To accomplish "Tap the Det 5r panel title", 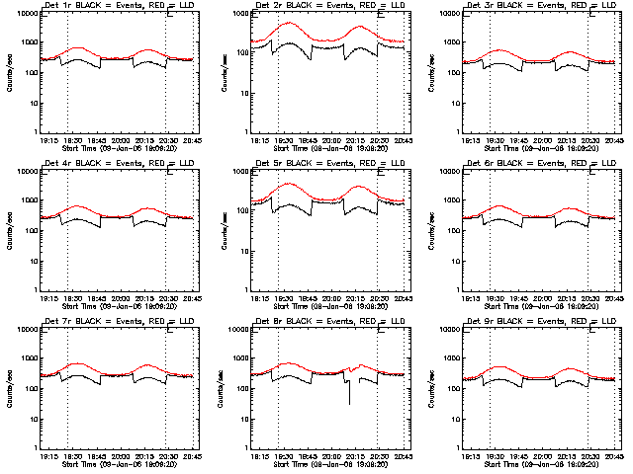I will [329, 164].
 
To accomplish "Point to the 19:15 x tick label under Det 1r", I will [48, 139].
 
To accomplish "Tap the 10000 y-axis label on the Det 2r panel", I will [237, 15].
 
